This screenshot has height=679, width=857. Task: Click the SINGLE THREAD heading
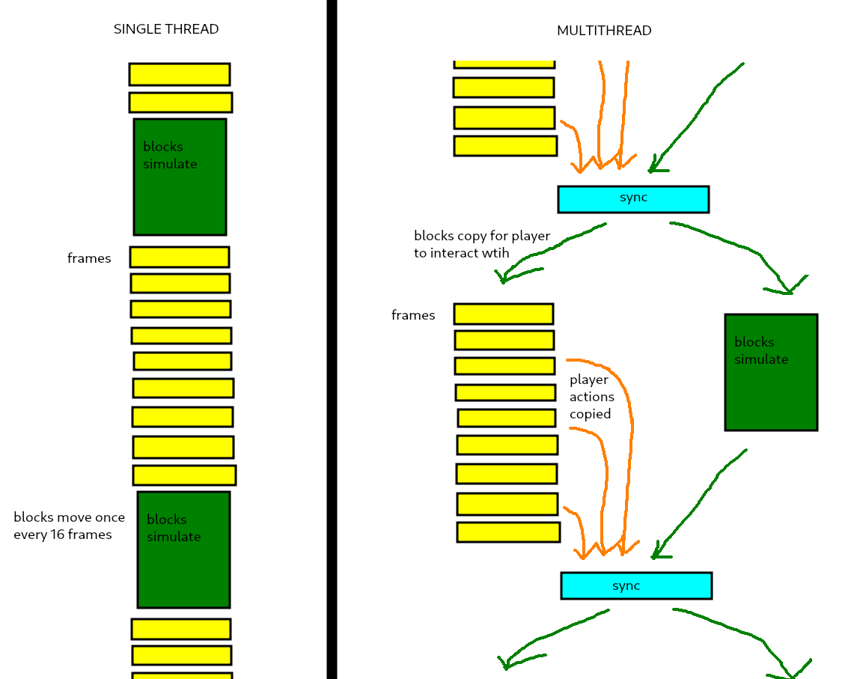pos(166,30)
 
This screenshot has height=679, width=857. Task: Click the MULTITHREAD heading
pos(604,31)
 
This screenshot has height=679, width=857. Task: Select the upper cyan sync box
pos(633,199)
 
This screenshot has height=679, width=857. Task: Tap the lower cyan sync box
pos(636,585)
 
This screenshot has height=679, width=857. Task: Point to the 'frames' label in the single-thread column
pos(89,259)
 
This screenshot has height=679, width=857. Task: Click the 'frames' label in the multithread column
pos(413,316)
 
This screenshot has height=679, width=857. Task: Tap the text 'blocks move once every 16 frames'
pos(69,526)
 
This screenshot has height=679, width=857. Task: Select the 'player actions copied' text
pos(591,398)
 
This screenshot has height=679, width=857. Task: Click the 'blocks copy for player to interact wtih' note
pos(482,245)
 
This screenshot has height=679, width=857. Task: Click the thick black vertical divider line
pos(332,337)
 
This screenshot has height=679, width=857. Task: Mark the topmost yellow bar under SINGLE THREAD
pos(180,74)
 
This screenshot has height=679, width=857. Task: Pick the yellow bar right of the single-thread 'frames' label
pos(180,257)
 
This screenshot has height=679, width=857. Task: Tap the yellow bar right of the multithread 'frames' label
pos(504,314)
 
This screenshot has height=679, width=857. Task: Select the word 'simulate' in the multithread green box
pos(761,360)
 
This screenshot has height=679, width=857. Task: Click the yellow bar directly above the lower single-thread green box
pos(184,475)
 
